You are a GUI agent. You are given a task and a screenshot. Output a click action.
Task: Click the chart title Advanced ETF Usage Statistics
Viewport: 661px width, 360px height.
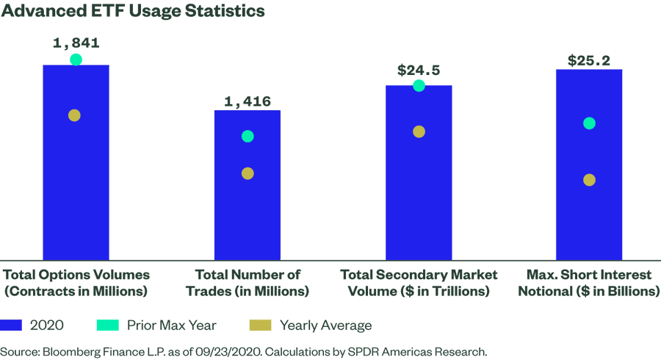(x=132, y=12)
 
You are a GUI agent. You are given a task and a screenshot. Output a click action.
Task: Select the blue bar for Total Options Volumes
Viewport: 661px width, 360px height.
(x=76, y=184)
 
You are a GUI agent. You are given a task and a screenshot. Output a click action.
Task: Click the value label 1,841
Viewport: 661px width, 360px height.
(x=76, y=43)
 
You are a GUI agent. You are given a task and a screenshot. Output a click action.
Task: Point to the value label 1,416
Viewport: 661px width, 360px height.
(x=248, y=101)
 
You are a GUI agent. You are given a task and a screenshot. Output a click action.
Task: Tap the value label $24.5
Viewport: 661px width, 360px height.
(x=419, y=71)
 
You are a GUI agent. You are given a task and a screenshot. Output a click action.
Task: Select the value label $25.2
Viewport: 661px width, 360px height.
(x=589, y=60)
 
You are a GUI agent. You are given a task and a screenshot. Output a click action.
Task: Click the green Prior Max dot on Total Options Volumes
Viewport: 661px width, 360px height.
(x=76, y=60)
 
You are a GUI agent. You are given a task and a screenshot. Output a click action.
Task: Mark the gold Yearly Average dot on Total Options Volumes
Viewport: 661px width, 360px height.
(x=74, y=115)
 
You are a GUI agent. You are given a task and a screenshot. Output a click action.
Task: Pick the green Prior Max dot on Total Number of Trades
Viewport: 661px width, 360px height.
(x=248, y=136)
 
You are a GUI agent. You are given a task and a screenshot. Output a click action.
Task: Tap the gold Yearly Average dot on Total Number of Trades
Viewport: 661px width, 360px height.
(x=248, y=173)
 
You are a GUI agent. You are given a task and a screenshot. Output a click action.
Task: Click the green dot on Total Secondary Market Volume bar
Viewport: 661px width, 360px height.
(x=419, y=86)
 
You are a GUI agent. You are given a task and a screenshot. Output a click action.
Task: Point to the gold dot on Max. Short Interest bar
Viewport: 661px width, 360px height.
(x=589, y=180)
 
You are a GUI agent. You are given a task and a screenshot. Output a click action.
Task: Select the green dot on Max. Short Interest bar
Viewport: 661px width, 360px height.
(x=589, y=123)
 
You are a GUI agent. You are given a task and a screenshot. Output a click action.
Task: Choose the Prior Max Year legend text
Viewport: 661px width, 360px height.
(x=171, y=325)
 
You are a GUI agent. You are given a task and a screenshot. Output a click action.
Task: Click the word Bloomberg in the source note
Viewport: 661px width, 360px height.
(x=73, y=351)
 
